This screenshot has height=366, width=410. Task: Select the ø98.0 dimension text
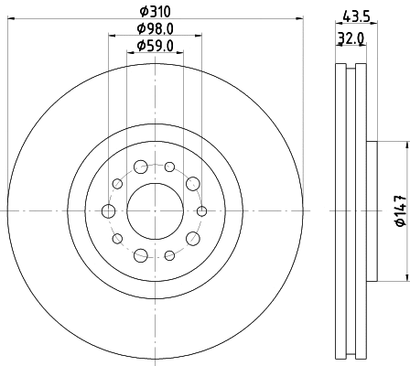155,30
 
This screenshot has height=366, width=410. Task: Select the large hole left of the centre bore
109,211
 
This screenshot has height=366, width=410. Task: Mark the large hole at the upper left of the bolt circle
140,167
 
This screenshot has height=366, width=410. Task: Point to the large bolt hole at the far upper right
192,185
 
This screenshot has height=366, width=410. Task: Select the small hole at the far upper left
117,185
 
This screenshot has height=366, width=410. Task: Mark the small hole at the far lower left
117,239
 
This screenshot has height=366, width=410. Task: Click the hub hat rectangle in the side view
372,211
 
